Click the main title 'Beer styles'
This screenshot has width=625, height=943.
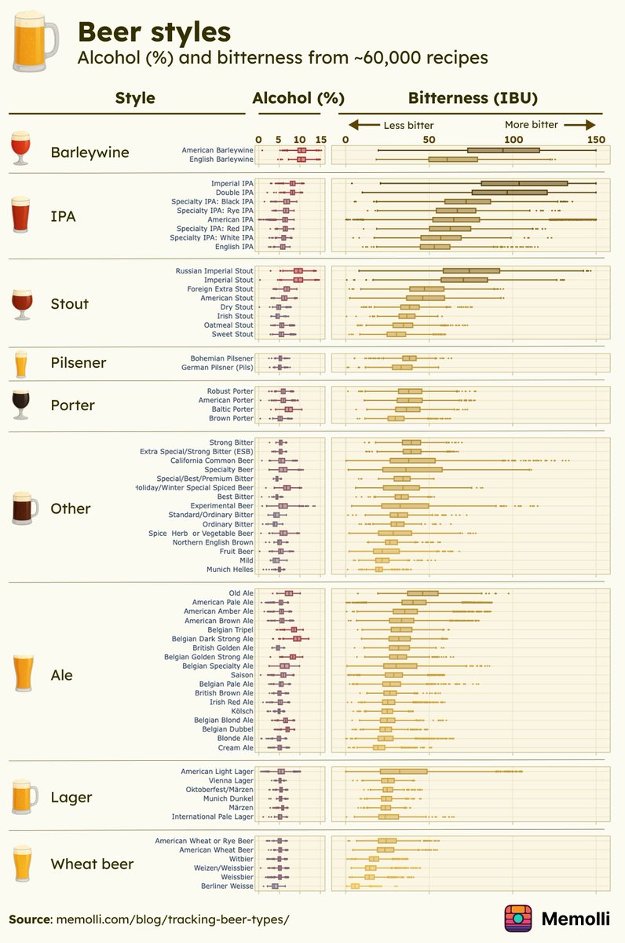154,32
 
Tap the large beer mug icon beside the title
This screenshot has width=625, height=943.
35,43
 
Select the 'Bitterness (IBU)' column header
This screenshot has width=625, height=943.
473,98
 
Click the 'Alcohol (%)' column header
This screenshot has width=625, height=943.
298,98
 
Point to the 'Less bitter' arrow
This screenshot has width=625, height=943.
365,125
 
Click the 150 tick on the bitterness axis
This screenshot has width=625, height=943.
596,139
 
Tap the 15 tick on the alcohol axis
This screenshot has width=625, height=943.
320,139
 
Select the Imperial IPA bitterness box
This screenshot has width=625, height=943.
524,183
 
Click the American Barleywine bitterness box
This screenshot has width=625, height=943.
503,150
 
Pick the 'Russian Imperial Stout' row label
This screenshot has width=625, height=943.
214,271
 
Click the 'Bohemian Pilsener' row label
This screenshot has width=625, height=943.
221,358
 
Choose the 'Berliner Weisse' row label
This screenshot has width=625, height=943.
227,886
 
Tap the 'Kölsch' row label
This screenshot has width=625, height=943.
241,711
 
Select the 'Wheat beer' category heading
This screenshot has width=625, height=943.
92,864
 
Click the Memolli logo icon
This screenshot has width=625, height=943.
518,918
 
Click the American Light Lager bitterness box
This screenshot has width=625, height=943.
404,772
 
